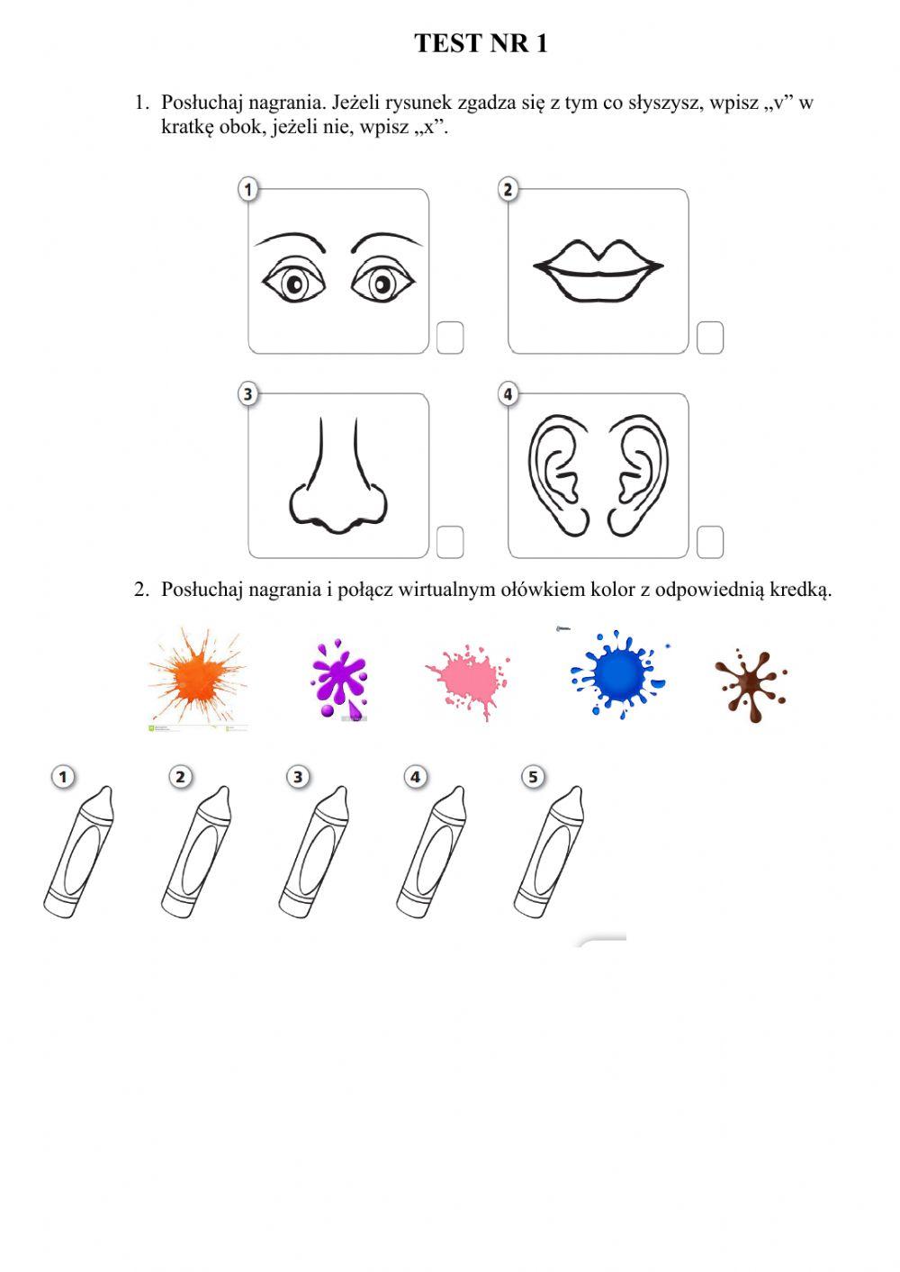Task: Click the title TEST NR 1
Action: click(x=481, y=43)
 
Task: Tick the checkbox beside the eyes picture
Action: click(x=450, y=338)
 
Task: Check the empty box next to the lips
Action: click(x=710, y=338)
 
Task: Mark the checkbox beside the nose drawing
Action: click(x=450, y=542)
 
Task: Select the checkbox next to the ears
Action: click(x=710, y=542)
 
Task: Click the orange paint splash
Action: click(x=196, y=676)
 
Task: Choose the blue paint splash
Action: click(x=617, y=673)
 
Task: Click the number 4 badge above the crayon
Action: click(x=415, y=777)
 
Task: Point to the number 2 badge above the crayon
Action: click(x=181, y=777)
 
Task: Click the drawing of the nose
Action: click(x=337, y=477)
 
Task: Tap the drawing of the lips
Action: click(x=598, y=268)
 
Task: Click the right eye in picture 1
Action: click(x=382, y=284)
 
